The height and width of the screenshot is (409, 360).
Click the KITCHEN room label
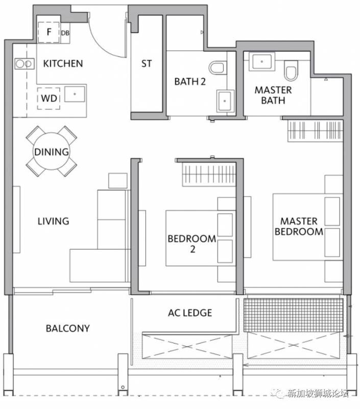63,63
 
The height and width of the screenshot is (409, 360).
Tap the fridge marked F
49,32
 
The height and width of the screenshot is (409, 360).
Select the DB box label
65,33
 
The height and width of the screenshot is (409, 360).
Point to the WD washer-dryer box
49,98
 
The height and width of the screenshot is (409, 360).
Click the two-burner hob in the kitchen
25,63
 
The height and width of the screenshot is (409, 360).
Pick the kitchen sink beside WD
75,94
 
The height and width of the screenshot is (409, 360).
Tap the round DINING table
52,151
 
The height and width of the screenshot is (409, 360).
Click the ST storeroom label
147,63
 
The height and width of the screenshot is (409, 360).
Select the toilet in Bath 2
218,67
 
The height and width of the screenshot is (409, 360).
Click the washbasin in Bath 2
225,101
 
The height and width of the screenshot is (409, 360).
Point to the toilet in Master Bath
291,71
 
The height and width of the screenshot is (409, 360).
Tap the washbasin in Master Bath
262,61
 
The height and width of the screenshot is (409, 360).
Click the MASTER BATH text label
273,95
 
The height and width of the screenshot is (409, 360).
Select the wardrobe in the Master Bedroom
315,131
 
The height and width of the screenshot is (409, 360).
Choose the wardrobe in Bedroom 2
209,174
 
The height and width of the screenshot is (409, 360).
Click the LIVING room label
54,221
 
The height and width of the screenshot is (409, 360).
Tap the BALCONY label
68,328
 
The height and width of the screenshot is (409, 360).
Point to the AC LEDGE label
190,313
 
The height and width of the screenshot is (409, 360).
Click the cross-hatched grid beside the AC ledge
293,315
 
